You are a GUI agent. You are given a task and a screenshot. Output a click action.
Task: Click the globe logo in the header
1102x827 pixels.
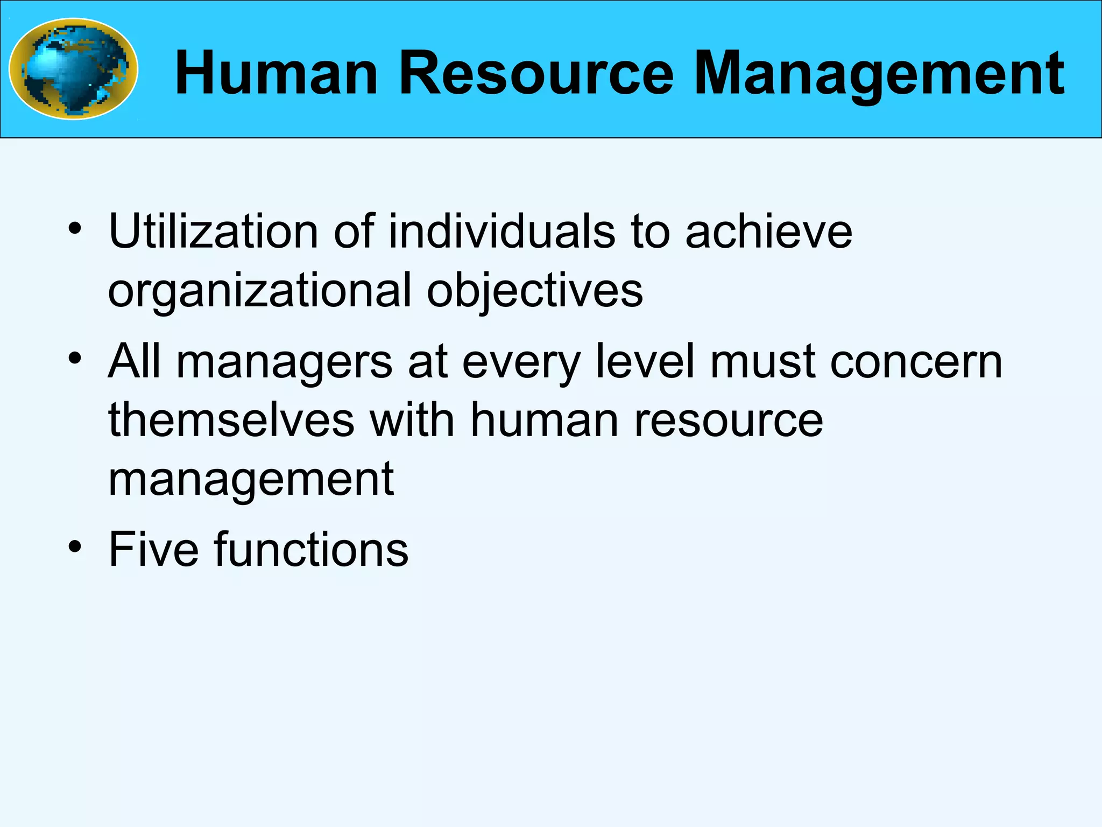click(74, 69)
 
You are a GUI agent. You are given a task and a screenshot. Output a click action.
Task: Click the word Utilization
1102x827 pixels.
click(214, 232)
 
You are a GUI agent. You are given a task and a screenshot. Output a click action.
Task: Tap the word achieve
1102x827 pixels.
click(768, 232)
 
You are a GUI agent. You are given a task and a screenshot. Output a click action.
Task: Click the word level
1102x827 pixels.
click(645, 362)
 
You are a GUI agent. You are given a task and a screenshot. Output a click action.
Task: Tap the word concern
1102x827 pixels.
click(916, 362)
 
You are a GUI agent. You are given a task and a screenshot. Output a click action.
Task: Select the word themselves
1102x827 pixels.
click(231, 420)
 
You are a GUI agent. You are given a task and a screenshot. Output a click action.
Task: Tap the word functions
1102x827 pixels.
click(312, 549)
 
